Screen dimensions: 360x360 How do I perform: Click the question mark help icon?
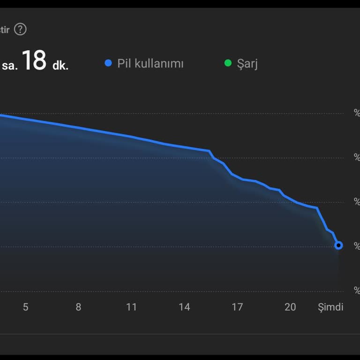click(x=20, y=30)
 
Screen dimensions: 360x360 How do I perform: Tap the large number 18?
click(x=34, y=61)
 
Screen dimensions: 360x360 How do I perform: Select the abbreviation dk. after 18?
click(x=60, y=66)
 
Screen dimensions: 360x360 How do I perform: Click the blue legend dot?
click(x=108, y=63)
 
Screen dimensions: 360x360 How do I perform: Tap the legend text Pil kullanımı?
click(x=150, y=63)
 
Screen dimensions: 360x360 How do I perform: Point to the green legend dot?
click(x=228, y=63)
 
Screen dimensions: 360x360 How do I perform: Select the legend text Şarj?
click(x=247, y=64)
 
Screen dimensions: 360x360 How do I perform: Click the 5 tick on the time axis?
click(x=26, y=307)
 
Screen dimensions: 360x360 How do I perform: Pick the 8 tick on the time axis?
click(x=78, y=307)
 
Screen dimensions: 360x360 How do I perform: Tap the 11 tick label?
click(x=131, y=307)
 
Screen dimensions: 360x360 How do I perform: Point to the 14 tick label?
click(x=184, y=307)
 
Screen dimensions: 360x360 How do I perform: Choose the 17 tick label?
click(x=237, y=307)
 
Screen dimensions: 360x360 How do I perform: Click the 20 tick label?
click(x=290, y=307)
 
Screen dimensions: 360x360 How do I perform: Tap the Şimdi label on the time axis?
click(x=330, y=307)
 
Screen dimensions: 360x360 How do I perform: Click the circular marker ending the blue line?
click(x=338, y=245)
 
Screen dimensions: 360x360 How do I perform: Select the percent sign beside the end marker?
click(x=357, y=246)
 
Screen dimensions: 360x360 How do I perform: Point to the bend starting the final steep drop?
click(x=317, y=208)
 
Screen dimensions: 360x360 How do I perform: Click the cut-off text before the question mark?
click(x=5, y=30)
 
